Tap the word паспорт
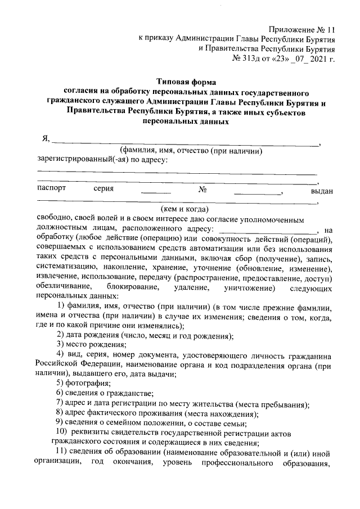pos(51,188)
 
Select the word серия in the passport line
pos(104,188)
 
